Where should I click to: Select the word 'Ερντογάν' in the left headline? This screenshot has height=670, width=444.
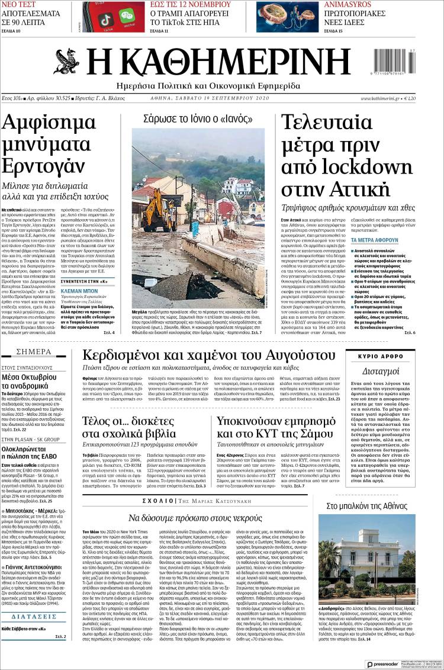coord(43,163)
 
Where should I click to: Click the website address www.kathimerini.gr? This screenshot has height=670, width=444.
coord(379,98)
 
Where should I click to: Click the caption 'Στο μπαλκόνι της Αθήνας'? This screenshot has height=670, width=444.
coord(375,506)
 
